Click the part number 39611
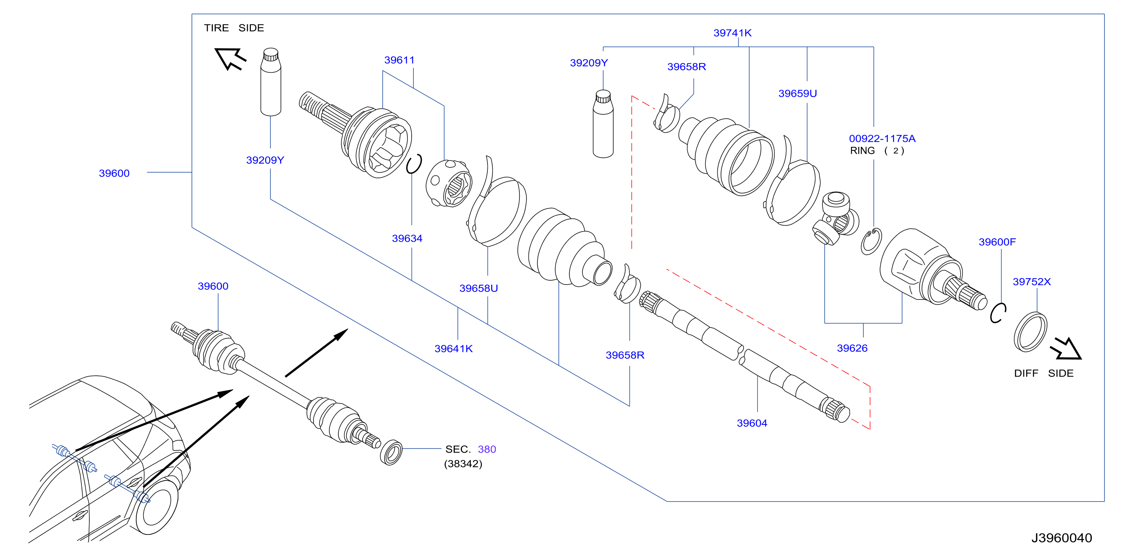tap(399, 60)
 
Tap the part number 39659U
tap(797, 93)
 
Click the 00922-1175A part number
tap(882, 138)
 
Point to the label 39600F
tap(997, 242)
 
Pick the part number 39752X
tap(1032, 282)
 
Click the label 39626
tap(852, 348)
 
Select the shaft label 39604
tap(752, 423)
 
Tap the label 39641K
tap(453, 349)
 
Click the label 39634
tap(407, 238)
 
